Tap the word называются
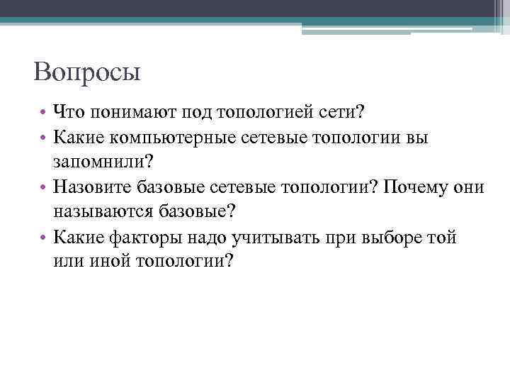(x=102, y=211)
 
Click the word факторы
(x=157, y=236)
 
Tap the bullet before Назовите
(x=44, y=187)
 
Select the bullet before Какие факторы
(x=44, y=237)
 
